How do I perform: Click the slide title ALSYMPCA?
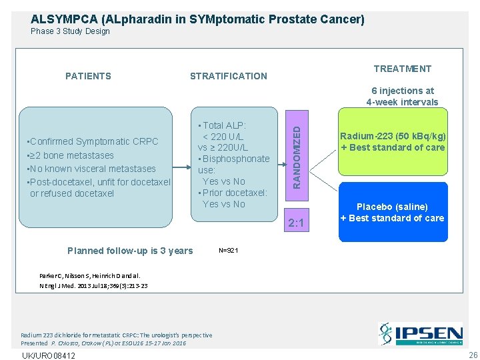click(x=197, y=19)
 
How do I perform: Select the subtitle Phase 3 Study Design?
click(x=70, y=31)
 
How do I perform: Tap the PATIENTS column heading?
click(x=88, y=76)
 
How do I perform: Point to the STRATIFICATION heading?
click(x=228, y=76)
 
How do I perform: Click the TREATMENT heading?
click(x=402, y=69)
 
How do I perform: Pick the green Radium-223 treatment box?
click(x=393, y=141)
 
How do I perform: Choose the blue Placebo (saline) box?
click(x=392, y=213)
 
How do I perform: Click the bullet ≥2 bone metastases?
click(x=69, y=155)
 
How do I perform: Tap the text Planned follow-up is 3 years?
click(x=130, y=251)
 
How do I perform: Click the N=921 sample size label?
click(x=228, y=251)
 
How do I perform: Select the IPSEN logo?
click(x=420, y=333)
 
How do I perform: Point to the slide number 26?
click(x=473, y=355)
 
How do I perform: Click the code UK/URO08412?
click(x=48, y=355)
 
